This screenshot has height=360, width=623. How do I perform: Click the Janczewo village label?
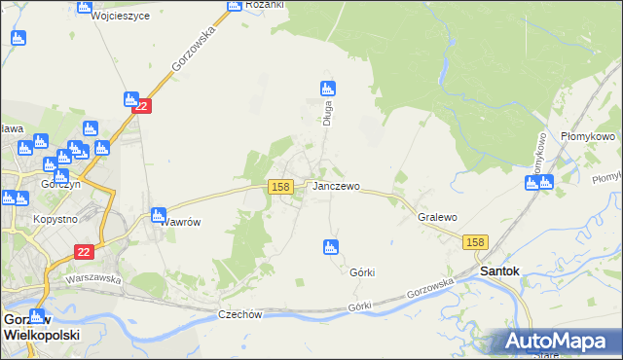tap(336, 186)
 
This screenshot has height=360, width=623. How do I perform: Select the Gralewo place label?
tap(437, 218)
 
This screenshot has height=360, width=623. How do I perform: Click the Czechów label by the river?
tap(240, 314)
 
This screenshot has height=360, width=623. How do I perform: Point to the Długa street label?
tap(329, 114)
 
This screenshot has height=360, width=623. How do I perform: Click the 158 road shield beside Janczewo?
tap(280, 186)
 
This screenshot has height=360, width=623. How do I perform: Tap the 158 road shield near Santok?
tap(475, 242)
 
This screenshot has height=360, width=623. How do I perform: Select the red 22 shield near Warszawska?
tap(85, 251)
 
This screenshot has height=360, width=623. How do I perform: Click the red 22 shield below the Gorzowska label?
tap(142, 107)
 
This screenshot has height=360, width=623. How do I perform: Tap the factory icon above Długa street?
tap(328, 89)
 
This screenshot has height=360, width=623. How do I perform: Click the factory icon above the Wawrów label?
tap(158, 215)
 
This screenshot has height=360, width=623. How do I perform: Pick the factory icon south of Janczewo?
tap(331, 247)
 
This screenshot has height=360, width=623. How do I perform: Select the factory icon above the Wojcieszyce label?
tap(83, 3)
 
